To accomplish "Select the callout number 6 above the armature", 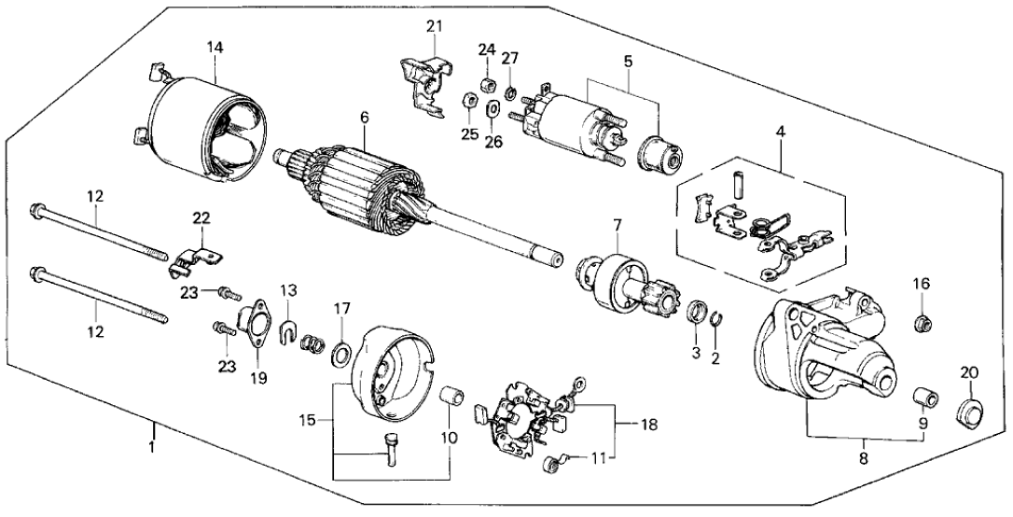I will click(365, 118).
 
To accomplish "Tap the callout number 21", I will click(432, 26).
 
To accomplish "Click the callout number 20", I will click(970, 372).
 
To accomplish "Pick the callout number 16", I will click(921, 283).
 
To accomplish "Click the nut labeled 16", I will click(922, 323).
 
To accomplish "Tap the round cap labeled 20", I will click(970, 412).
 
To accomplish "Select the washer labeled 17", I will click(341, 355).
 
